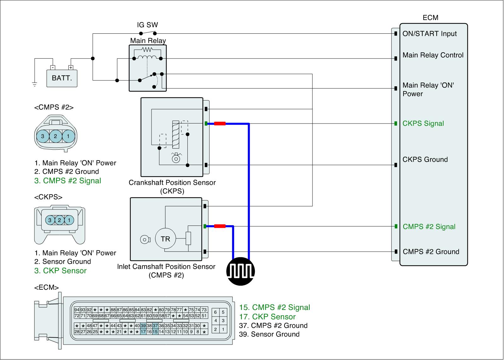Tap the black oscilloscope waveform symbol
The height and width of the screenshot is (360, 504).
[241, 271]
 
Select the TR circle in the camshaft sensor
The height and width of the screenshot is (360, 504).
[165, 239]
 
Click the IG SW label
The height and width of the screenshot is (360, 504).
[147, 25]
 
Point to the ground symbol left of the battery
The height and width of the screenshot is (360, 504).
[35, 84]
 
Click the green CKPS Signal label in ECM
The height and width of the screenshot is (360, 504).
[423, 123]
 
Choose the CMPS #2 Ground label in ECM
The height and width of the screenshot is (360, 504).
[431, 252]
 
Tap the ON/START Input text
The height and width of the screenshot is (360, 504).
[429, 34]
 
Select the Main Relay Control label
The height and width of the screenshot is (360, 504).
[433, 55]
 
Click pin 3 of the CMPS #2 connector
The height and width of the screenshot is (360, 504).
[43, 136]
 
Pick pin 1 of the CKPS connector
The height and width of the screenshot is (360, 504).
[69, 220]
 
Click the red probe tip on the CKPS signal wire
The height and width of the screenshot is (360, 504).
[220, 124]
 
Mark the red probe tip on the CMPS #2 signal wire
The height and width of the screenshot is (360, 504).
[220, 226]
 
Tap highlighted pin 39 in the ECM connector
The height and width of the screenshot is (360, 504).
[143, 326]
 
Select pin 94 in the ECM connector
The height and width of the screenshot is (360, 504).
[77, 310]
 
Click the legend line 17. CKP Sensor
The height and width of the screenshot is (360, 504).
[267, 317]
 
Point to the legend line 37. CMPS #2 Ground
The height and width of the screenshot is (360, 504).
[273, 326]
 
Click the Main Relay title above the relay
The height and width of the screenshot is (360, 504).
[148, 41]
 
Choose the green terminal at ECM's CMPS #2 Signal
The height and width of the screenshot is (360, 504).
[396, 226]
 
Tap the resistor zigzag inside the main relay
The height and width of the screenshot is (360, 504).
[147, 49]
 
